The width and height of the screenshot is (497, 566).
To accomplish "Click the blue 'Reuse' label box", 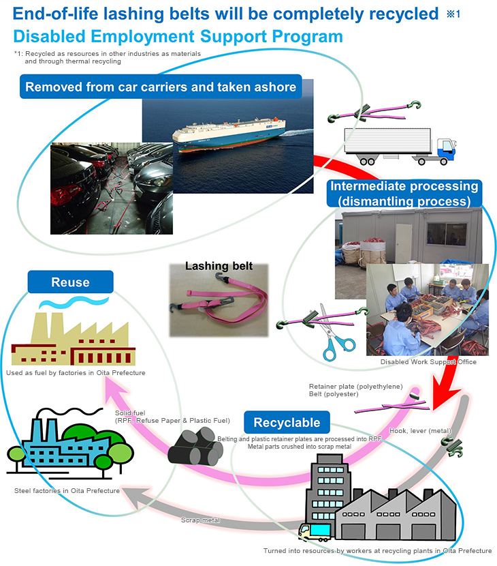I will click(70, 282).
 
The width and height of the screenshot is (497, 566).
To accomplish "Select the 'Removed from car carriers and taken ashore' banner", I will click(161, 87).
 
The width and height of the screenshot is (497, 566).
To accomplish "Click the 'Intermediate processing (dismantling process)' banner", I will click(404, 194).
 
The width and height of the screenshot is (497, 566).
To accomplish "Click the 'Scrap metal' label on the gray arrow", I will click(200, 520).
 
